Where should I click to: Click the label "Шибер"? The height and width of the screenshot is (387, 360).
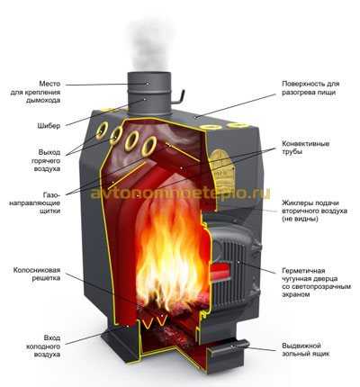[49, 126]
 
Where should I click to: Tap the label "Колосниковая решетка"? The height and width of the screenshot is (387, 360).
[37, 274]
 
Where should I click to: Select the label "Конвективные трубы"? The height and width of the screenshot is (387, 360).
[306, 148]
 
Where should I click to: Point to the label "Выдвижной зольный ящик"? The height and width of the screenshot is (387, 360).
[306, 349]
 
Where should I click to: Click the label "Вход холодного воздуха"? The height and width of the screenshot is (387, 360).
[43, 346]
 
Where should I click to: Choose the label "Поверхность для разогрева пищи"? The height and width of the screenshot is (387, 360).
[310, 88]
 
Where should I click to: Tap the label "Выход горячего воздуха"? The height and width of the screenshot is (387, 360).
[46, 160]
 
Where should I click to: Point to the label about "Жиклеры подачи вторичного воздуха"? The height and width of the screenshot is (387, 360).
[314, 211]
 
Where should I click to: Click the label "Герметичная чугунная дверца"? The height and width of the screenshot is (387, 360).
[316, 283]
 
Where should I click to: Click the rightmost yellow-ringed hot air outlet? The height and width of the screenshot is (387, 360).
[149, 146]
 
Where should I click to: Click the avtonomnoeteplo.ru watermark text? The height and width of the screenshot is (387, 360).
[180, 193]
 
